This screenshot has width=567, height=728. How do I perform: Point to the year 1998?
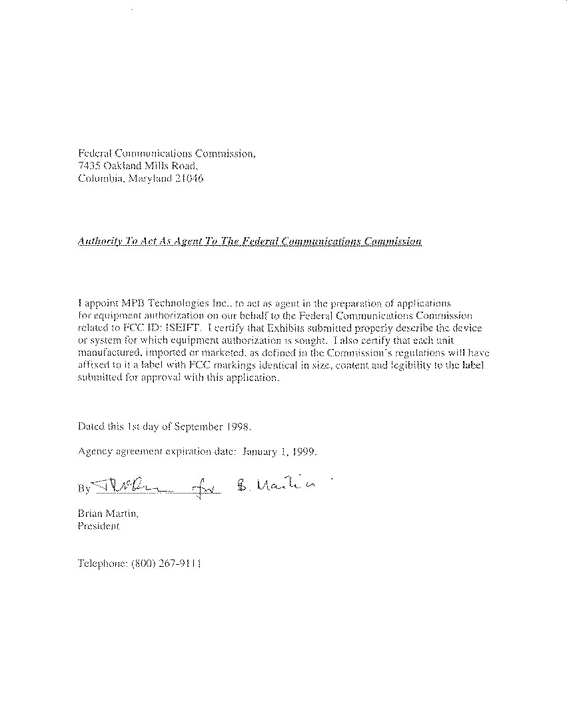click(239, 425)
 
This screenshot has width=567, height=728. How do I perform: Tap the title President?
click(99, 526)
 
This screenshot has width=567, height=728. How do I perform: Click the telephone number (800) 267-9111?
click(167, 563)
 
